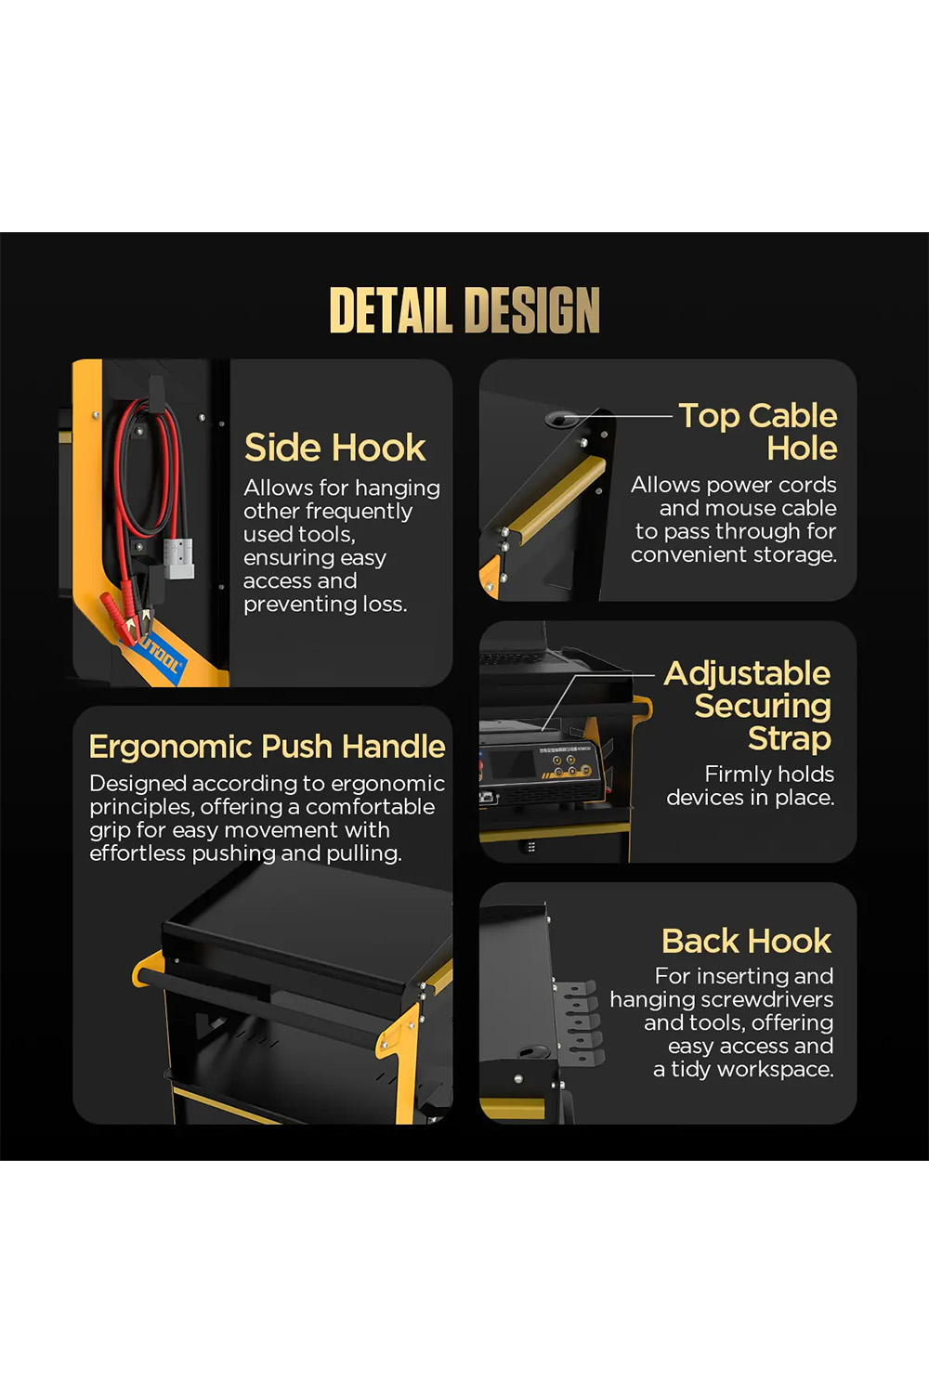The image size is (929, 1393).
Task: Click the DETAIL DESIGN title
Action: coord(464,309)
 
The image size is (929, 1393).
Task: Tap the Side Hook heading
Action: coord(334,447)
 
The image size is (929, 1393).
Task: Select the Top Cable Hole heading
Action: coord(758,432)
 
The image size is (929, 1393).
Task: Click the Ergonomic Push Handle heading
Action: coord(267,747)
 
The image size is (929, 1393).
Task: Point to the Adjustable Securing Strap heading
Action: coord(747,706)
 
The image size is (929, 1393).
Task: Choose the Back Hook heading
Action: coord(746,940)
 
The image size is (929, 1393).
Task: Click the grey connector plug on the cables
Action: coord(179,559)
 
